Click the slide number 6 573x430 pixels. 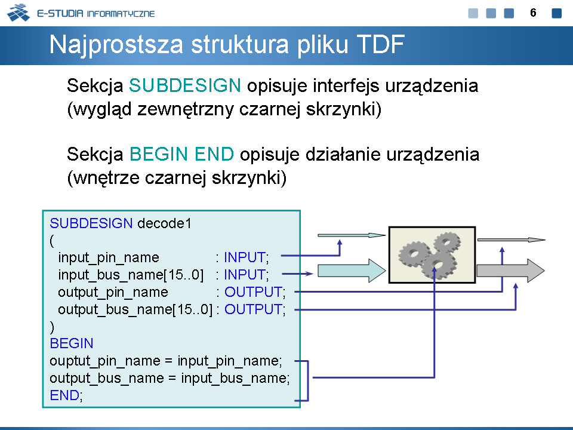533,13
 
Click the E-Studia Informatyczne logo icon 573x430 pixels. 19,13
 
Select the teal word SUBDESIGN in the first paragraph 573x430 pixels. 185,85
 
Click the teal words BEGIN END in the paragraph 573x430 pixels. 181,154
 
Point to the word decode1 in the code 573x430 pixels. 165,223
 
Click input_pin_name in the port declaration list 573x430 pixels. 109,258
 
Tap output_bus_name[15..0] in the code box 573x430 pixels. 135,309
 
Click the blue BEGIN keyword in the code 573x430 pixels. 72,343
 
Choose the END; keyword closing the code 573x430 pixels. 66,395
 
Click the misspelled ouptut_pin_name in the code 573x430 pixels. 105,361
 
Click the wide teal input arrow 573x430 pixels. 352,271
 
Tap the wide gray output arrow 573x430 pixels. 510,271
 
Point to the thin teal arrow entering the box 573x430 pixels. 352,235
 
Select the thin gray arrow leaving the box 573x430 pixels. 512,240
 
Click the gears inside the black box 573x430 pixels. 430,255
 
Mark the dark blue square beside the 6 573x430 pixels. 556,13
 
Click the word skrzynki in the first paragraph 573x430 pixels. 343,109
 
